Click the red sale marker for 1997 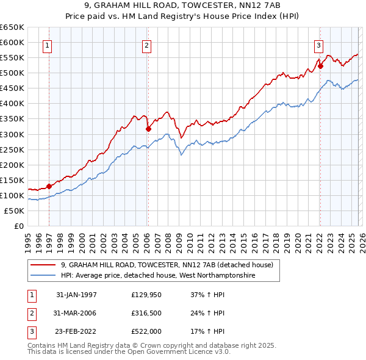(49, 186)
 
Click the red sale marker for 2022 (320, 66)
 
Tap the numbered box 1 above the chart (48, 45)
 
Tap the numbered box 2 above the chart (147, 45)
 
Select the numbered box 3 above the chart (318, 45)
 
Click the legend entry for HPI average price (157, 276)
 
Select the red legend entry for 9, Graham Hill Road (170, 265)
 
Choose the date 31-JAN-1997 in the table (76, 295)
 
